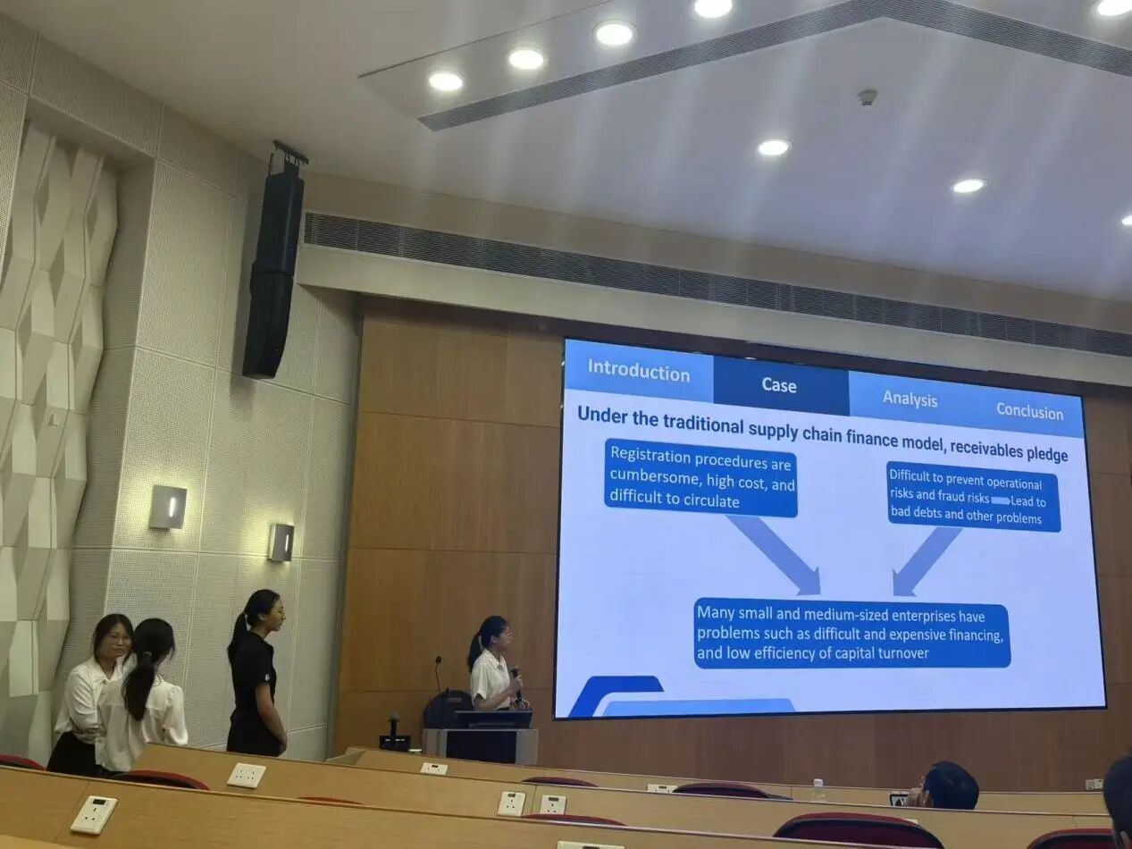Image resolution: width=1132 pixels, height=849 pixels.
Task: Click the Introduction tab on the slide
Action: pos(639,371)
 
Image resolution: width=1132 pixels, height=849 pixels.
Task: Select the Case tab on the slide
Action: pos(780,386)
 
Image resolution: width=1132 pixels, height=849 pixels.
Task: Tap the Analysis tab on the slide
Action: pos(910,399)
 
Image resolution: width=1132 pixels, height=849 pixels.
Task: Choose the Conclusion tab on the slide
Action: pos(1029,412)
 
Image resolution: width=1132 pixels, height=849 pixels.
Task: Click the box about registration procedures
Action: pos(701,478)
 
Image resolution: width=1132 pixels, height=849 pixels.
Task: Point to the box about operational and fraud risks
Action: pos(974,497)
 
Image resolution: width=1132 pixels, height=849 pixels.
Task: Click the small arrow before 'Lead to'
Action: pos(1001,500)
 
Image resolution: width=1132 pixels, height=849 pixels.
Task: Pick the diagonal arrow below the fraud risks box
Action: pos(926,561)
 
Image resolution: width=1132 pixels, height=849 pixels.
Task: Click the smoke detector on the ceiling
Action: pos(867,98)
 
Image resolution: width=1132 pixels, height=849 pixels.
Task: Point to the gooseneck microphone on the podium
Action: pos(439,674)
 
